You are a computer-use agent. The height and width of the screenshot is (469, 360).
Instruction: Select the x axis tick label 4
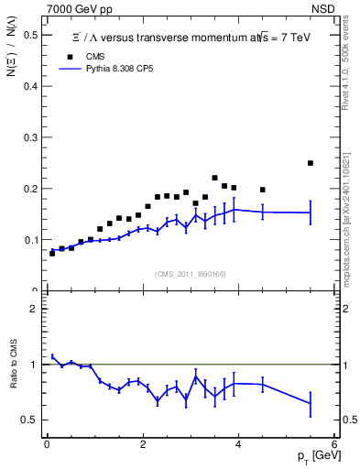[x=238, y=445]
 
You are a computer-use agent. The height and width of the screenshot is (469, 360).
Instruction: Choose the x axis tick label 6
[x=334, y=445]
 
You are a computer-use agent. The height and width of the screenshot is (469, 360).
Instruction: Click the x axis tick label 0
[x=47, y=445]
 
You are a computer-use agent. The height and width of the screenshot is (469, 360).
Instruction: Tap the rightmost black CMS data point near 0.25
[x=311, y=163]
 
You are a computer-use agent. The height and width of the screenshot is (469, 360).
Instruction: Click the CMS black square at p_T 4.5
[x=263, y=190]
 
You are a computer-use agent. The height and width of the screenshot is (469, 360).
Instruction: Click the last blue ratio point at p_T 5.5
[x=311, y=403]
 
